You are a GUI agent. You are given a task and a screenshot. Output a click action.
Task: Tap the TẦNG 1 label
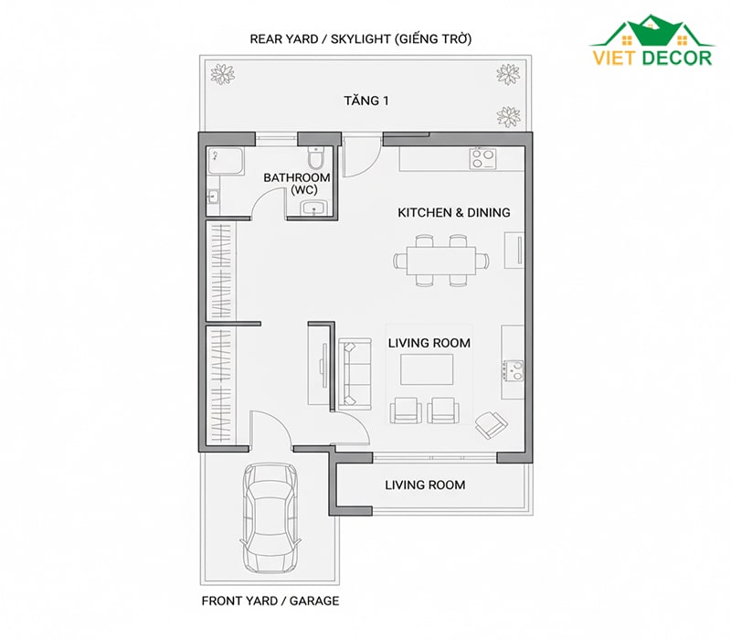click(366, 101)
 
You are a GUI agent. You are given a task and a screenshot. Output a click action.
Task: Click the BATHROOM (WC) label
click(297, 184)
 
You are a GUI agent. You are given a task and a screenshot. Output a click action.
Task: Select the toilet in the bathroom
click(315, 157)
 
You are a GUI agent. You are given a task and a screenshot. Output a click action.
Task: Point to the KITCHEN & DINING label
click(453, 213)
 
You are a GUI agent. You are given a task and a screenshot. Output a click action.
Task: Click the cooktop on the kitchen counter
click(483, 158)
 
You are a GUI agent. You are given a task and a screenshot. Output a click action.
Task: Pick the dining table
click(441, 261)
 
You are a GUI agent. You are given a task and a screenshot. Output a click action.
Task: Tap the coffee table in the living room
click(427, 369)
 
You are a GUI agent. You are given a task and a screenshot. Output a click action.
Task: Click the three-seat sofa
click(355, 372)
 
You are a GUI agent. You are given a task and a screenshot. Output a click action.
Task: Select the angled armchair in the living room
click(491, 424)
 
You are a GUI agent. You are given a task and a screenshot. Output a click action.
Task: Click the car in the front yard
click(270, 517)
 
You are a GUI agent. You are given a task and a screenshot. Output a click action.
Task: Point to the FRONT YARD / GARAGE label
click(270, 601)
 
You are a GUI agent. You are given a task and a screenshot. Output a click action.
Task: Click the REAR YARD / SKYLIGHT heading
click(361, 38)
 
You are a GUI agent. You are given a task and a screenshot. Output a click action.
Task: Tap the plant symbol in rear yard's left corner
click(222, 74)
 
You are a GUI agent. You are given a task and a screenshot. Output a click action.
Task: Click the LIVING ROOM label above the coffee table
click(429, 344)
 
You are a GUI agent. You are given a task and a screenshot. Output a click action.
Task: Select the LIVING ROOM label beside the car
click(425, 485)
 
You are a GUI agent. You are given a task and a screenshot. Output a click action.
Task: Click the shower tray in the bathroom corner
click(226, 162)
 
